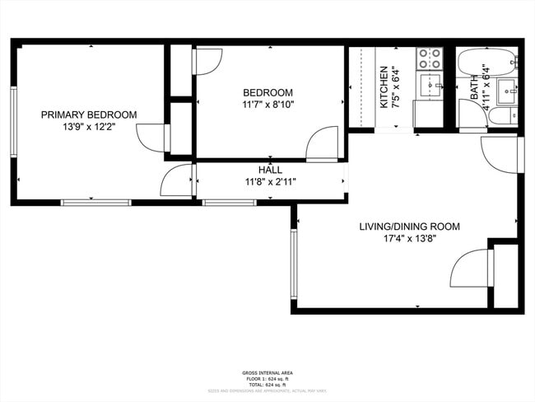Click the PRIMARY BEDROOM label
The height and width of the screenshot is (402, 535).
(x=89, y=115)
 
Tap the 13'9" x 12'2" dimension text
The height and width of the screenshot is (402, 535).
(x=89, y=128)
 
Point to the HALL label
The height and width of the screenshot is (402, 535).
(x=270, y=170)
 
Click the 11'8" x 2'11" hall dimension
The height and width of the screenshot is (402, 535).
(x=270, y=182)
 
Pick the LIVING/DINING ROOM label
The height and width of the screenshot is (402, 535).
(x=409, y=227)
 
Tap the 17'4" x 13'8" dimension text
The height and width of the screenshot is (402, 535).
(x=409, y=240)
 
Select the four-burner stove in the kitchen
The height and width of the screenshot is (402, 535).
(x=429, y=58)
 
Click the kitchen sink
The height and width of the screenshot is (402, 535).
(x=428, y=84)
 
